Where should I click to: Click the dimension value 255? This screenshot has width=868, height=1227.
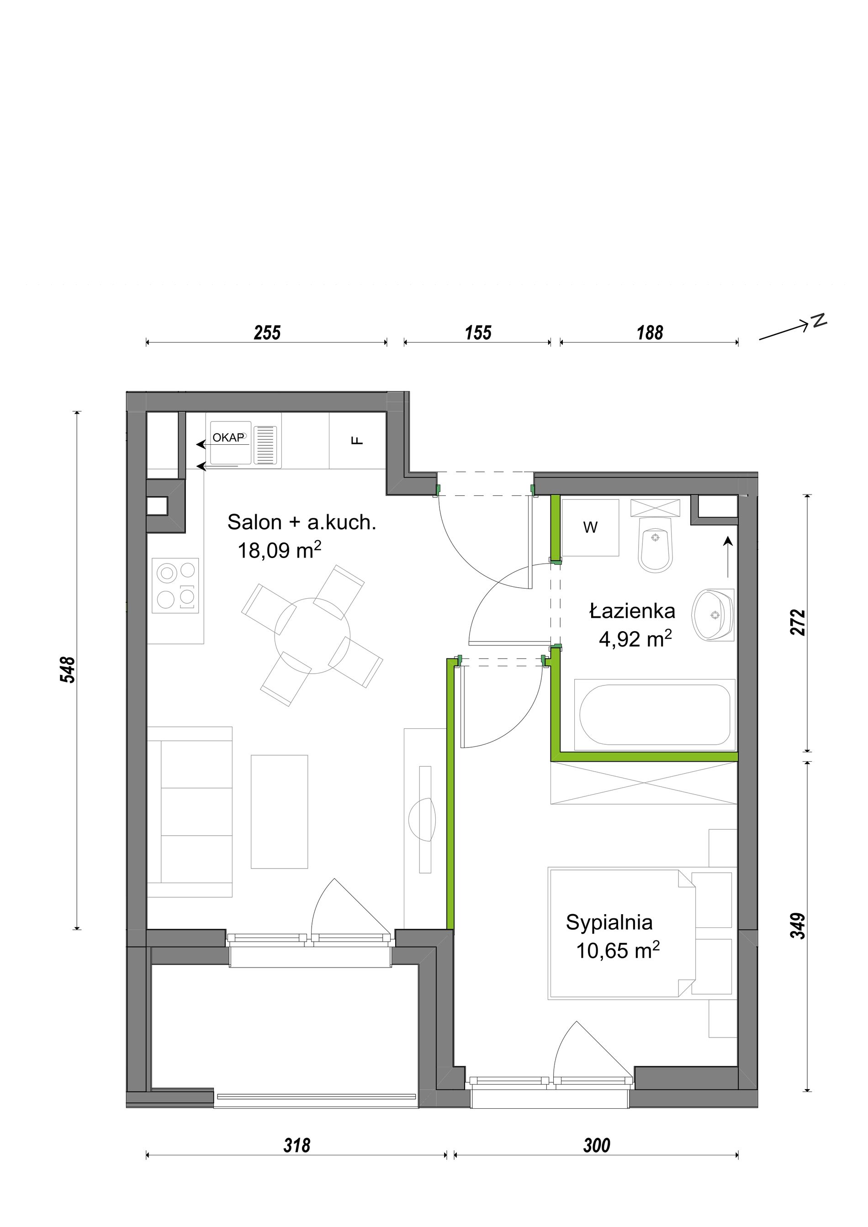point(267,333)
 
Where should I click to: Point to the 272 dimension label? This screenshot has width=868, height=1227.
point(798,622)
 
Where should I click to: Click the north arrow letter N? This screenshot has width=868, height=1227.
point(819,320)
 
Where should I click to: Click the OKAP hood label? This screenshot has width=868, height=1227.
point(228,437)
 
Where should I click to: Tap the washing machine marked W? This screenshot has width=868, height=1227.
point(590,528)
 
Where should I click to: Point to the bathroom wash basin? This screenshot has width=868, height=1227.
point(713,615)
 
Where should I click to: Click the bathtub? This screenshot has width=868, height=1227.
point(655,715)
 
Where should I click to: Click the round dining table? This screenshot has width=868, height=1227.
point(312,635)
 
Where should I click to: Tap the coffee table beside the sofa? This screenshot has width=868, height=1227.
point(280,811)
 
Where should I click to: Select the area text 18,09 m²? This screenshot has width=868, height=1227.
point(280,550)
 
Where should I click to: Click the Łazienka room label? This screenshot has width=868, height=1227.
point(632,611)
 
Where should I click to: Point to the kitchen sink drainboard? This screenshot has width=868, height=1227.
point(265,445)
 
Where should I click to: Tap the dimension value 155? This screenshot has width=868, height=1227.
point(478,333)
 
